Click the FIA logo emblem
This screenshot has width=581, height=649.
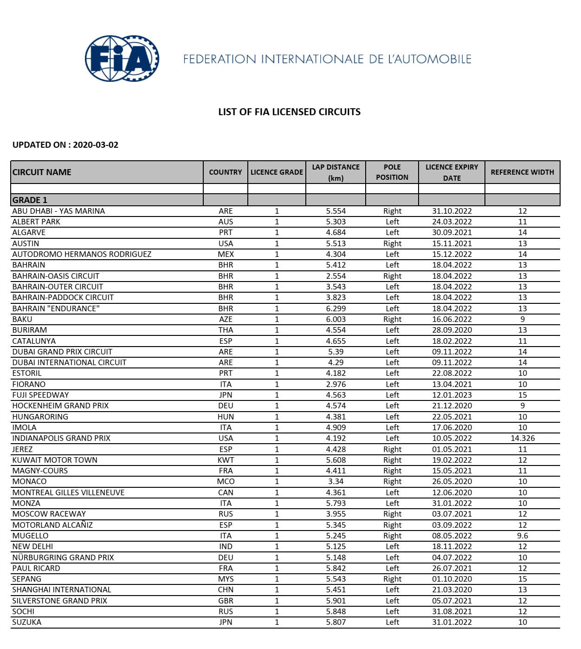[122, 59]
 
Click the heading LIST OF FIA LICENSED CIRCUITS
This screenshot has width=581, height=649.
[289, 112]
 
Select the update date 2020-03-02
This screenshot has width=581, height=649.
[96, 145]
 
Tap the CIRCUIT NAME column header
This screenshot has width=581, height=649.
[42, 172]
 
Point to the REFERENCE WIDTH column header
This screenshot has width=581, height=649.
[522, 172]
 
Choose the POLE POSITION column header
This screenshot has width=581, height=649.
[392, 172]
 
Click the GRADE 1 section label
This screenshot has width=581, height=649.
[30, 200]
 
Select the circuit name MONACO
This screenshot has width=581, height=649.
[29, 482]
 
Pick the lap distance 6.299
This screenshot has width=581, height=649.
[336, 308]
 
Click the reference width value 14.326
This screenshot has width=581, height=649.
[523, 438]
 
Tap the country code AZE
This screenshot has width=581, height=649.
[226, 319]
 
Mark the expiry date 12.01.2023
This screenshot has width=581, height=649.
[452, 395]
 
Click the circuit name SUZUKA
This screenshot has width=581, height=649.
[26, 622]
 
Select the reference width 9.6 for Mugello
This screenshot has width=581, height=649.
[523, 536]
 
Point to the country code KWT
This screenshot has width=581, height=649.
[226, 460]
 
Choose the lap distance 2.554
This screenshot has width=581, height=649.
[336, 276]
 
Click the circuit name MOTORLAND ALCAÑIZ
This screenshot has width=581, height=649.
[52, 525]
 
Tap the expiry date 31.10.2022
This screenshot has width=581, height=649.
[452, 211]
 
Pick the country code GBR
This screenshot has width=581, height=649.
[226, 601]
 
